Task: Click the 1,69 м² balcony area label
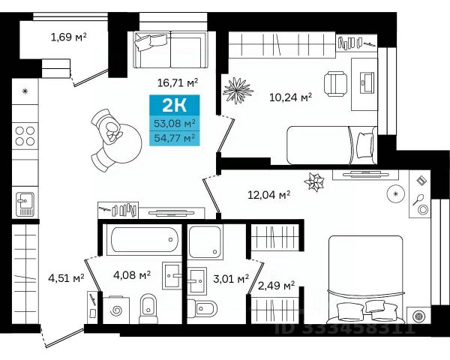[68, 37]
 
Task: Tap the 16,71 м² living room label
[178, 82]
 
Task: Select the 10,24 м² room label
[290, 97]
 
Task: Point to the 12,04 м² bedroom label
[269, 195]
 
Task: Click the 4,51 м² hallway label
[66, 278]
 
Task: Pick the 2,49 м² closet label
[276, 286]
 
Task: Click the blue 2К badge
[175, 105]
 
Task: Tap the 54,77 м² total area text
[175, 138]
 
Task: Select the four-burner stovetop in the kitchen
[25, 136]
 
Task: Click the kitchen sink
[25, 203]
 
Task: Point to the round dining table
[124, 143]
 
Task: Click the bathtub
[144, 240]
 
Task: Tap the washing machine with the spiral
[116, 310]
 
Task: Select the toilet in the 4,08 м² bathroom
[148, 309]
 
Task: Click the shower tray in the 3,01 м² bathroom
[205, 241]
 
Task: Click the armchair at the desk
[335, 84]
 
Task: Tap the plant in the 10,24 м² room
[238, 91]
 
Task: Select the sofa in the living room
[171, 49]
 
